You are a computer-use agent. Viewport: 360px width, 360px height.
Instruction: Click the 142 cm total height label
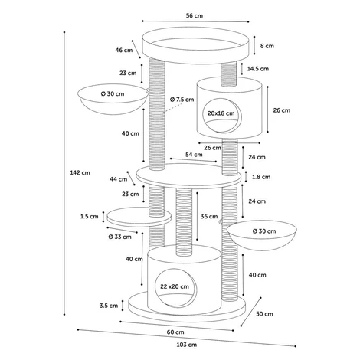[80, 172]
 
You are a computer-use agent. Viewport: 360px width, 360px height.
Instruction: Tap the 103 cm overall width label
[187, 345]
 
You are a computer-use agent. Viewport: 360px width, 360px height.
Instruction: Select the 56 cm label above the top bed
[195, 15]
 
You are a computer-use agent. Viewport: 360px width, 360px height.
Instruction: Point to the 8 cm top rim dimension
[267, 46]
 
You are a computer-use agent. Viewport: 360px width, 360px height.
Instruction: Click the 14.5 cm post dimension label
[258, 69]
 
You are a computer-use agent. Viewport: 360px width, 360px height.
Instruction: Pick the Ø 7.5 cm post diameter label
[182, 100]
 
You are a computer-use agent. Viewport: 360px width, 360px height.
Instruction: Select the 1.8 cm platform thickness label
[261, 177]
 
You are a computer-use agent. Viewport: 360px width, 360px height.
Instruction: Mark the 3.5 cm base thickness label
[109, 306]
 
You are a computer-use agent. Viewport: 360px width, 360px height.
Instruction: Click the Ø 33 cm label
[119, 237]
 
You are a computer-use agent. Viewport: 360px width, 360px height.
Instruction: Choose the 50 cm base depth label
[264, 314]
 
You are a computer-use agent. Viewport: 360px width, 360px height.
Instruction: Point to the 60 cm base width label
[175, 332]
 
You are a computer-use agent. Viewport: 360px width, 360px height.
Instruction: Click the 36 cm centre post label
[209, 217]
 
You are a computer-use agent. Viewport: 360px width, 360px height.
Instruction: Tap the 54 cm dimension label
[194, 155]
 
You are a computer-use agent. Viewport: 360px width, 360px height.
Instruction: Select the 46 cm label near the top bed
[124, 50]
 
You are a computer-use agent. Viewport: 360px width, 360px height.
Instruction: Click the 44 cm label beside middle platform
[119, 179]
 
